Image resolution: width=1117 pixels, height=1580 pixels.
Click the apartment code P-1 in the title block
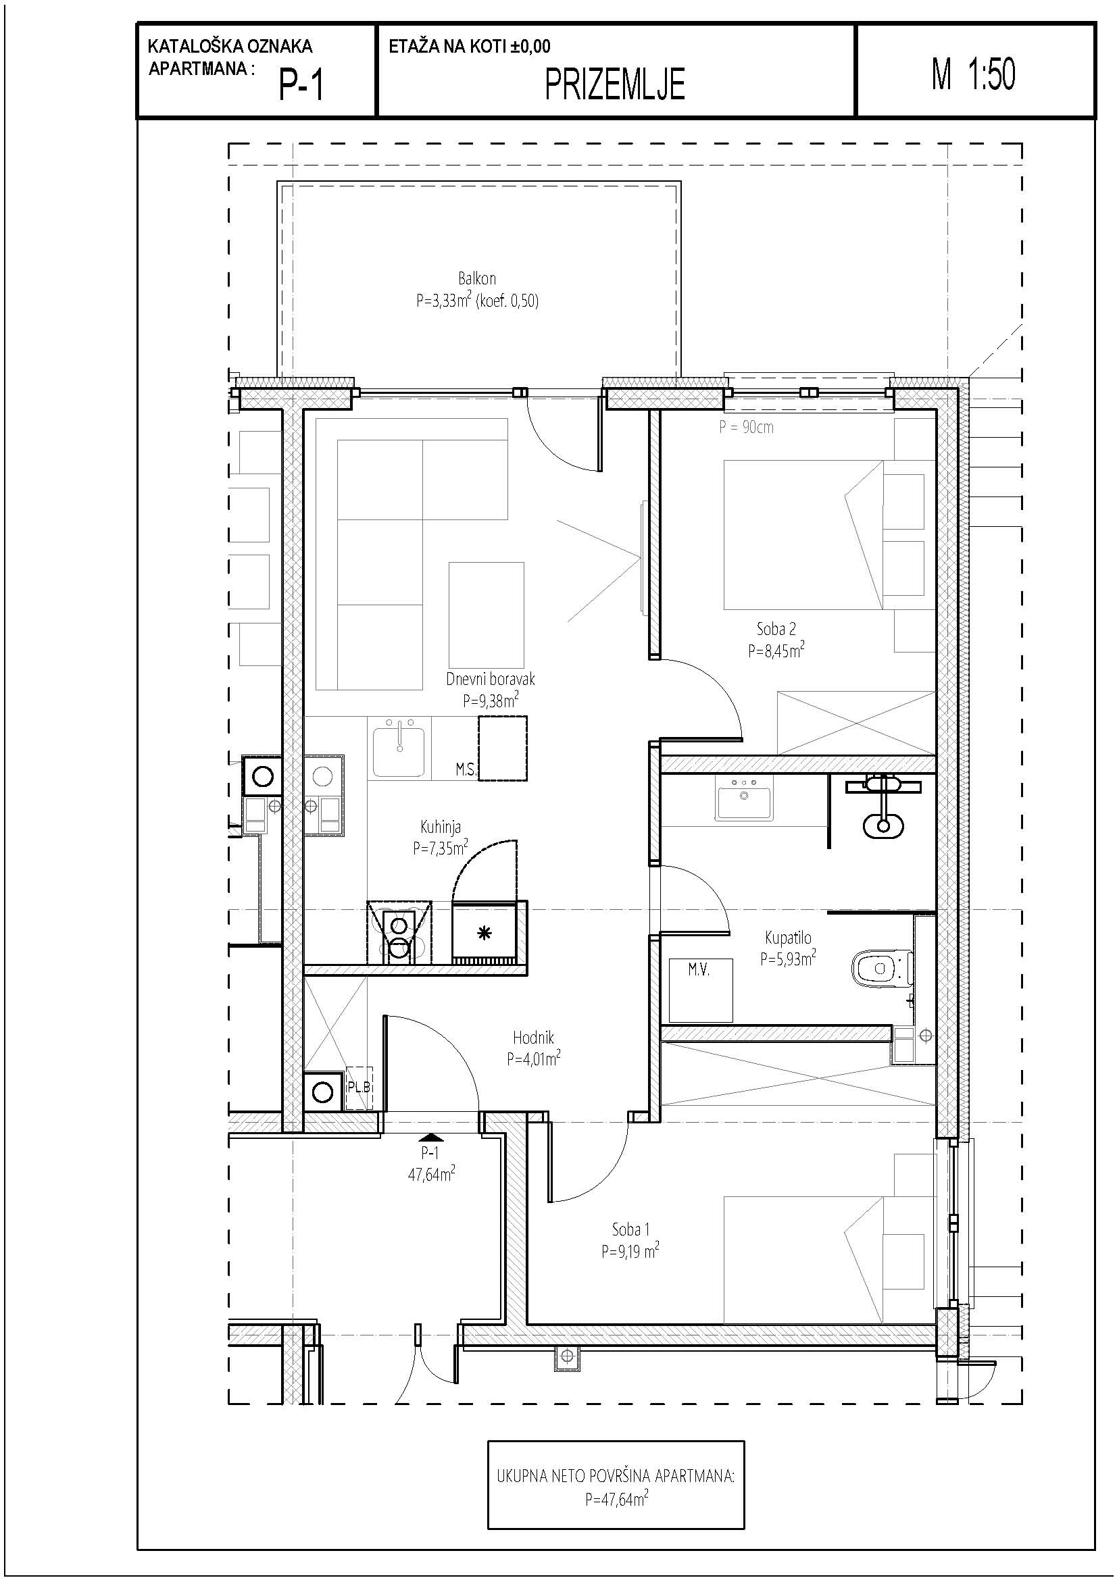click(x=301, y=86)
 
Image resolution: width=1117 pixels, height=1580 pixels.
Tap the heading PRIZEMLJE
click(x=616, y=85)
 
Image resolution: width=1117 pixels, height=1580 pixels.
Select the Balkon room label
click(x=477, y=279)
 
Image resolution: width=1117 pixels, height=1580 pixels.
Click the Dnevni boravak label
click(x=490, y=679)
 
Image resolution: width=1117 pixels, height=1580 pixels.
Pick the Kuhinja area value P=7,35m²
click(x=441, y=847)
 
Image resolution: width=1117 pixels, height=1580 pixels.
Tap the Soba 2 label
click(x=776, y=628)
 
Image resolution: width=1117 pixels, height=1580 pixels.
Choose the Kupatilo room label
click(x=788, y=938)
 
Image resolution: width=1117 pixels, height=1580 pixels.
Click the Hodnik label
click(x=532, y=1037)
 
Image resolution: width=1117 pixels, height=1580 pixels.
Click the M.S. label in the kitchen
click(x=466, y=770)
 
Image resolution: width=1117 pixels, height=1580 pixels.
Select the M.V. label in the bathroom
click(x=699, y=970)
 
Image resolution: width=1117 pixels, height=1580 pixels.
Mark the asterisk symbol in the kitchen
click(x=485, y=933)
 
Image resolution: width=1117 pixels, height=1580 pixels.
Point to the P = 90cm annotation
click(x=746, y=428)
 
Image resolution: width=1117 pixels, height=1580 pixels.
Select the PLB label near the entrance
click(x=359, y=1088)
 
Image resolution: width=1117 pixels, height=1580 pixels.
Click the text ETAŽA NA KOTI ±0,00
click(x=470, y=47)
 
